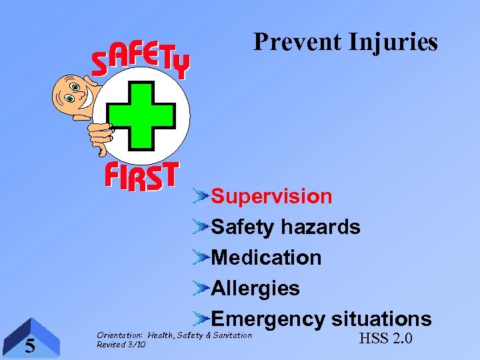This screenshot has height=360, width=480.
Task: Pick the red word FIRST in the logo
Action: tap(141, 177)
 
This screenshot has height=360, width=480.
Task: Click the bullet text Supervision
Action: tap(271, 197)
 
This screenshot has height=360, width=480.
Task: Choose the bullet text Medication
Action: tap(266, 258)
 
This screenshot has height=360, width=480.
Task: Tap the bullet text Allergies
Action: tap(255, 289)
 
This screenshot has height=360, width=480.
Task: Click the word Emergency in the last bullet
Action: tap(267, 319)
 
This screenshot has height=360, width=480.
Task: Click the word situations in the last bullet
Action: tap(381, 319)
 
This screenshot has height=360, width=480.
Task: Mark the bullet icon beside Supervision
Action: tap(201, 196)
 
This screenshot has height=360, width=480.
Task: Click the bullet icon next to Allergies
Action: tap(201, 288)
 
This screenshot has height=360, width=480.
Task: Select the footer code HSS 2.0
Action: tap(385, 339)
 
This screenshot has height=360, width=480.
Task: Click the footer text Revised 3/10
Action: tap(121, 345)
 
